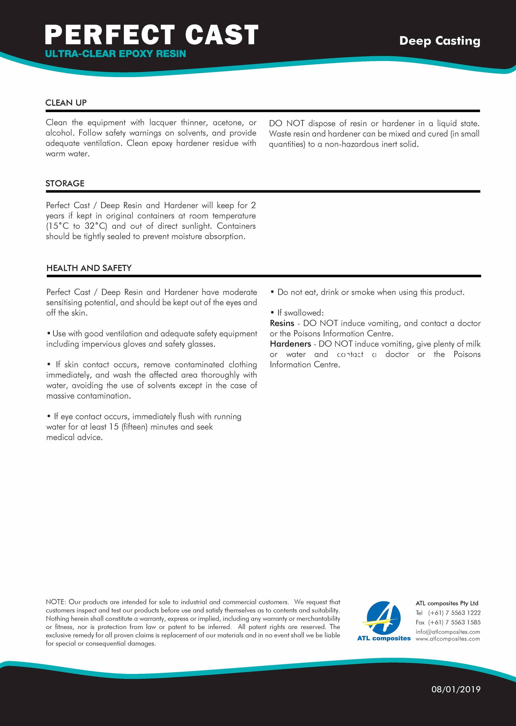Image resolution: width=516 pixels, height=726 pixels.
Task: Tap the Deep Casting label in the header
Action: (x=440, y=41)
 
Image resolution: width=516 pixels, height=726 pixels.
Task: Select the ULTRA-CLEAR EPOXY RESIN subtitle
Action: (x=115, y=54)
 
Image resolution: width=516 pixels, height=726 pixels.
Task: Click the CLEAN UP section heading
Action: (x=66, y=103)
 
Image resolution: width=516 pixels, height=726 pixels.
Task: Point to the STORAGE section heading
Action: (x=65, y=183)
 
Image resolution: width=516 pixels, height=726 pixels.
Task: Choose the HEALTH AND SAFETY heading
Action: (x=89, y=268)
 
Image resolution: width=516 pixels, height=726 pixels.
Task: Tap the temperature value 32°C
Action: (x=96, y=226)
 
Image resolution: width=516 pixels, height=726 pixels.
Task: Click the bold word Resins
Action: (x=282, y=323)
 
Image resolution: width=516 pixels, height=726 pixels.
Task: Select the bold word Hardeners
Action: (x=290, y=344)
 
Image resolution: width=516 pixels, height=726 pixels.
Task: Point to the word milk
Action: (x=473, y=344)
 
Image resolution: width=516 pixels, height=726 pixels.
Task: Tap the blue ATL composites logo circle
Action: (x=384, y=619)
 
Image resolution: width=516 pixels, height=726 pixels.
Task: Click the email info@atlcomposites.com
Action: (x=448, y=632)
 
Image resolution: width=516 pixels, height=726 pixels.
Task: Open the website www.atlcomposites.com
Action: (x=448, y=639)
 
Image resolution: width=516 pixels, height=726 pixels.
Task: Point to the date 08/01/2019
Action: (x=456, y=689)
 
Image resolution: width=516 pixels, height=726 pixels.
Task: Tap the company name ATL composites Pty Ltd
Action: (x=447, y=603)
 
